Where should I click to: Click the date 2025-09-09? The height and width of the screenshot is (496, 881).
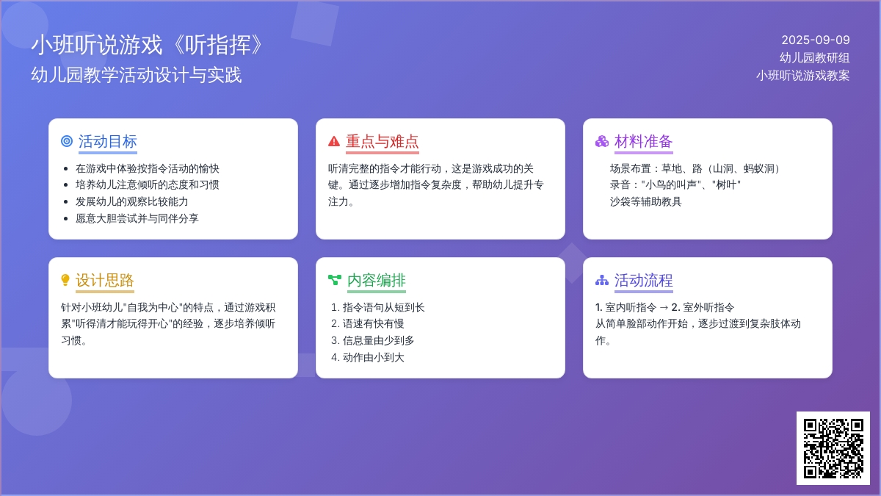click(x=816, y=40)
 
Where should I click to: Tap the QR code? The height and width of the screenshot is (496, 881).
click(x=833, y=448)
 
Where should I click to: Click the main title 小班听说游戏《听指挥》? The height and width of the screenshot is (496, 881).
click(x=147, y=45)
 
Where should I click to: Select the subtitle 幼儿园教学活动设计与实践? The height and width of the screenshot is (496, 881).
click(x=136, y=75)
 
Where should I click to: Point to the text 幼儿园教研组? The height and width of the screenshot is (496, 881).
click(x=814, y=58)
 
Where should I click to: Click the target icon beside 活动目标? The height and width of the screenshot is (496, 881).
click(x=67, y=141)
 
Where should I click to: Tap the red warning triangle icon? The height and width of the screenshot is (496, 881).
click(x=334, y=141)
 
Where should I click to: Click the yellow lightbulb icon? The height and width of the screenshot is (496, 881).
click(x=65, y=280)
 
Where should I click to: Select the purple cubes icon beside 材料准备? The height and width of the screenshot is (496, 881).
click(x=602, y=141)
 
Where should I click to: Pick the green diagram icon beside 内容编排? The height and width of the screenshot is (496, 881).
click(x=335, y=280)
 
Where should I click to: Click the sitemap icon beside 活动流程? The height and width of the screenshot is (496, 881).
click(x=602, y=280)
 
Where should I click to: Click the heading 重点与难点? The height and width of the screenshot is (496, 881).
click(x=383, y=141)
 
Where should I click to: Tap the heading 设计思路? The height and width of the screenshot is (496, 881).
click(x=104, y=280)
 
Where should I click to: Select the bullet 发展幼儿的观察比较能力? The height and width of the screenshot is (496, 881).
click(x=131, y=201)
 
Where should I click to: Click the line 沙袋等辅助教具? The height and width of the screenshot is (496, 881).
click(x=645, y=201)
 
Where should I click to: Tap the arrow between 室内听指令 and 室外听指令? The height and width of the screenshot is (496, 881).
click(x=664, y=307)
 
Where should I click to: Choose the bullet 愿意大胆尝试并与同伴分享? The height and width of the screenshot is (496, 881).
click(x=137, y=218)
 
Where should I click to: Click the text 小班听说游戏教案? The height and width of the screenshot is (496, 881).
click(x=802, y=75)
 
